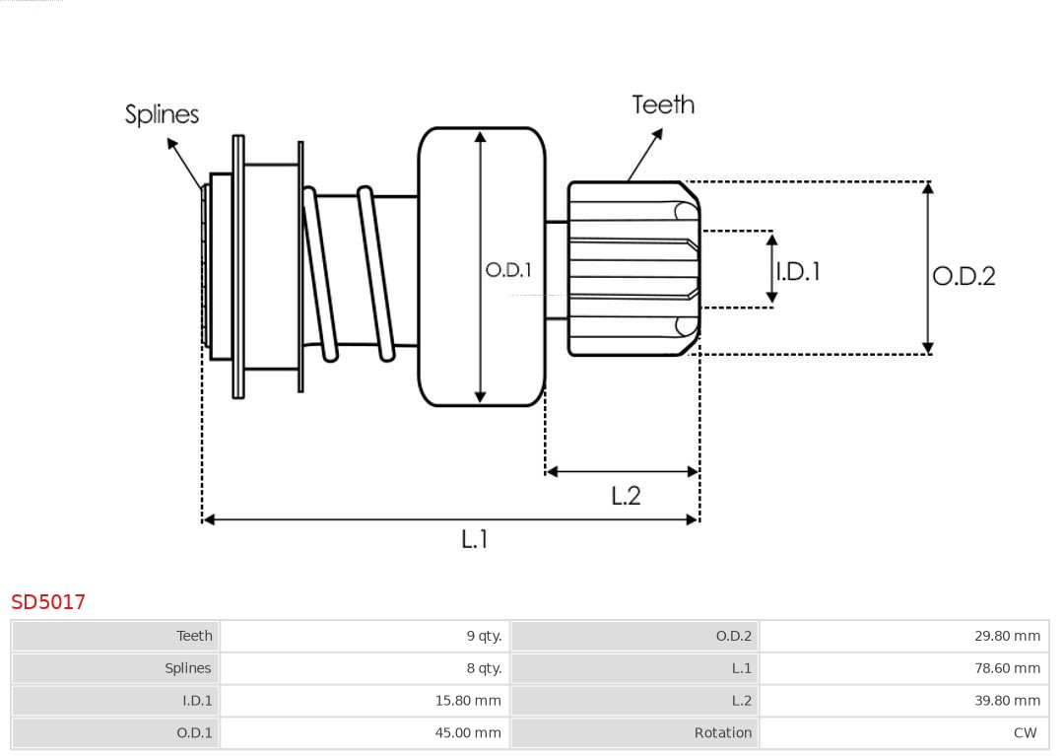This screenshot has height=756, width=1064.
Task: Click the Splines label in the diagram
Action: pos(162,114)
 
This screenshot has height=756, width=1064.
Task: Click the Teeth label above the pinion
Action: pos(663,104)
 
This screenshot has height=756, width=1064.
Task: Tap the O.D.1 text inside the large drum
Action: pos(508,269)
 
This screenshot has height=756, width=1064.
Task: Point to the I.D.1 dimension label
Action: pos(797,271)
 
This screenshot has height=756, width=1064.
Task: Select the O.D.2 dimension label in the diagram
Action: pos(964,276)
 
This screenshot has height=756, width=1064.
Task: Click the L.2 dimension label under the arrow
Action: pos(626,495)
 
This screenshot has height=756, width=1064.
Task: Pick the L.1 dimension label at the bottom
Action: pos(475,539)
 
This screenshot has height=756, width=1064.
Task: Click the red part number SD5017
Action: pos(48,601)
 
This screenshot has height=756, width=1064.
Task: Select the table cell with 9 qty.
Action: pos(484,636)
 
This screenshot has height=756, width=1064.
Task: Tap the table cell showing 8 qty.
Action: pos(484,668)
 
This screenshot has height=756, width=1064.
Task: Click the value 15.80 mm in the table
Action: pos(468,701)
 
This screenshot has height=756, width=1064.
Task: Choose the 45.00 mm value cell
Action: pos(468,733)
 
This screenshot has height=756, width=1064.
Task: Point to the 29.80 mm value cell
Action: pos(1007,636)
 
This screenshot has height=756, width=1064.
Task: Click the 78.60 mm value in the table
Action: pos(1007,668)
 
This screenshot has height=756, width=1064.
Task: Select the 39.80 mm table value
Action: pos(1007,701)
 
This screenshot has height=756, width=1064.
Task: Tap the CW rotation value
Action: pos(1025,733)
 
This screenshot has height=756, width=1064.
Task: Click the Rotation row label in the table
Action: pos(722,733)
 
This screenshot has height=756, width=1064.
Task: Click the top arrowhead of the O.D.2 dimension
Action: pos(927,187)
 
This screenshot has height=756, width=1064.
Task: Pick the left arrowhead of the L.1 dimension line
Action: pos(208,519)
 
